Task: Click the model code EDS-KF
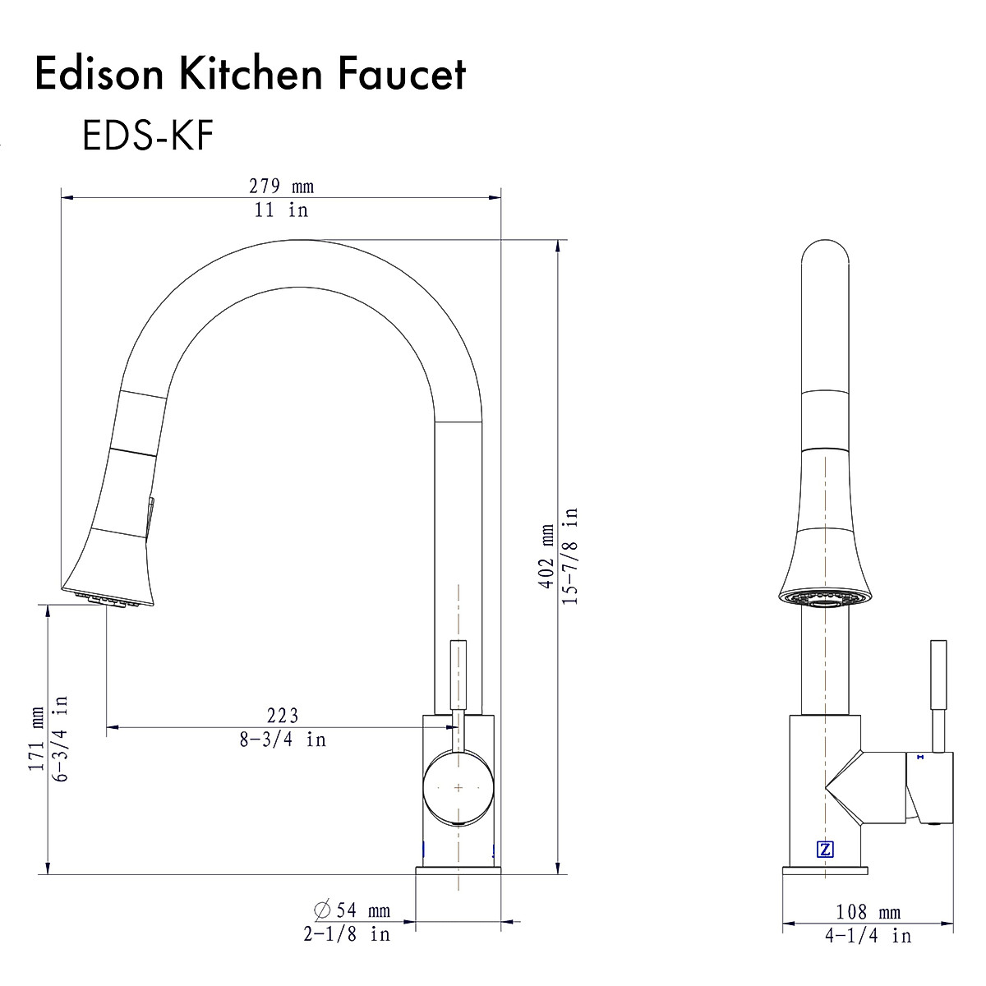[x=148, y=136]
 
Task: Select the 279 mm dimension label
[x=281, y=187]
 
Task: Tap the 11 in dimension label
[x=281, y=210]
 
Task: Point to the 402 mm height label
[x=546, y=556]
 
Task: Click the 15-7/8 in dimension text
[x=571, y=556]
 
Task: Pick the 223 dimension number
[x=282, y=716]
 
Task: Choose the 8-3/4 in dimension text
[x=282, y=739]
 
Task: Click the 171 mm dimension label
[x=35, y=738]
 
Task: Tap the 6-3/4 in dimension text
[x=60, y=738]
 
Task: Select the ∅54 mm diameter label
[x=352, y=910]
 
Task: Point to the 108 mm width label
[x=868, y=912]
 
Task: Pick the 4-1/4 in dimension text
[x=868, y=936]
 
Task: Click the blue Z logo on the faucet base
[x=825, y=850]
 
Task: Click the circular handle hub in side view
[x=458, y=786]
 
